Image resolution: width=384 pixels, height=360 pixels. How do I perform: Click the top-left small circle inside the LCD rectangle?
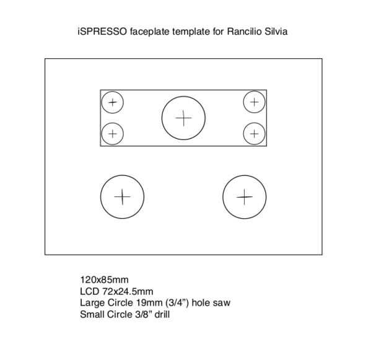click(x=112, y=102)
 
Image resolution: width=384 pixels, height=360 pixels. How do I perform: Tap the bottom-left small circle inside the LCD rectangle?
click(x=112, y=133)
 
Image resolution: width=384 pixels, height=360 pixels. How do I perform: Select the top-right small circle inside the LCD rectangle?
click(x=254, y=102)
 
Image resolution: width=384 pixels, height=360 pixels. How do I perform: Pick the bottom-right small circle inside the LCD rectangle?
click(x=254, y=133)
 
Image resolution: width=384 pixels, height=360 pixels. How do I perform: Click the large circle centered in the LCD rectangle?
click(x=183, y=118)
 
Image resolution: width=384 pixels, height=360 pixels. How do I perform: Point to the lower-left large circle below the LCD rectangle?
click(x=122, y=197)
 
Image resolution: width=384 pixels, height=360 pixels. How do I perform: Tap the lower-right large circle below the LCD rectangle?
click(x=245, y=197)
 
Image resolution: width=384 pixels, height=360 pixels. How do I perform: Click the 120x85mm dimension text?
click(x=104, y=280)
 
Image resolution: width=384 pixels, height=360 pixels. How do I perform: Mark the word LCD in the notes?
click(x=89, y=292)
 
